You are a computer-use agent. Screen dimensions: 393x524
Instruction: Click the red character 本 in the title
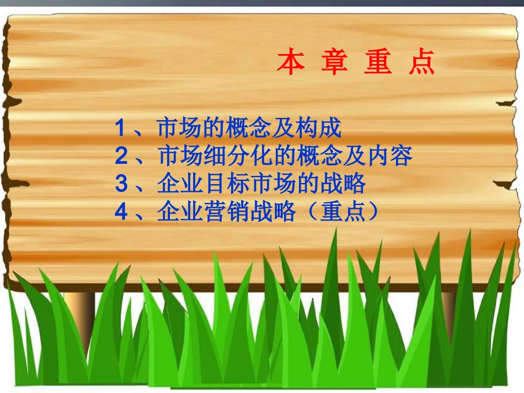click(291, 62)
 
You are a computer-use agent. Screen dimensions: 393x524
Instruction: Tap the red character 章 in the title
click(334, 62)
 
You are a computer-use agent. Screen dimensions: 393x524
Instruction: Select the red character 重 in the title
click(378, 62)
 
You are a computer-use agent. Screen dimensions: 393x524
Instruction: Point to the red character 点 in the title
click(422, 62)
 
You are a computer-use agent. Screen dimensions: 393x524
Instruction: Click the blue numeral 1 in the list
click(121, 128)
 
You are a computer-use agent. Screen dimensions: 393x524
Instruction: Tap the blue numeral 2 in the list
click(121, 157)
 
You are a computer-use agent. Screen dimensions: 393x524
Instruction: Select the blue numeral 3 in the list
click(121, 184)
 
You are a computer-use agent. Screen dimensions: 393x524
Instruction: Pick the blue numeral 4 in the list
click(121, 212)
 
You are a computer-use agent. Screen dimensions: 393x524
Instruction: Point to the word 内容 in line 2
click(389, 157)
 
